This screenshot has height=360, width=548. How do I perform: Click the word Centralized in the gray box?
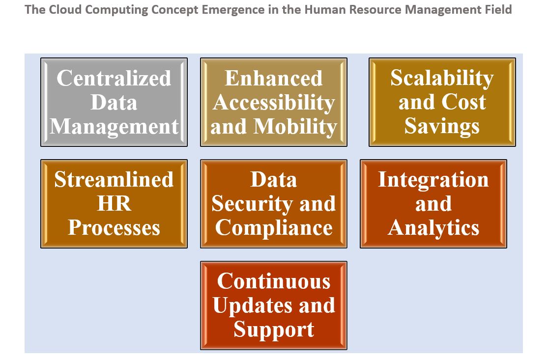[x=114, y=78]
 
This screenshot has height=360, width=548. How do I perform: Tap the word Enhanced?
[x=274, y=78]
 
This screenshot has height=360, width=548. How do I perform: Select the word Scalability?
[x=442, y=79]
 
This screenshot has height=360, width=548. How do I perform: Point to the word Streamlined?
[x=114, y=179]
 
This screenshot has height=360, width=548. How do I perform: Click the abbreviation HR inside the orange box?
[x=115, y=203]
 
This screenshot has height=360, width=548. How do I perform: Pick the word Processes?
[x=114, y=228]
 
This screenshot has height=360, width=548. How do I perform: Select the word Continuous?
[x=274, y=281]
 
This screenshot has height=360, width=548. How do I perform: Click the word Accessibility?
[x=274, y=103]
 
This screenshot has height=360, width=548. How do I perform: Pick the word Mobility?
[x=295, y=127]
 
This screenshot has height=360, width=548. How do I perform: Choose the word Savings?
[x=442, y=126]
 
